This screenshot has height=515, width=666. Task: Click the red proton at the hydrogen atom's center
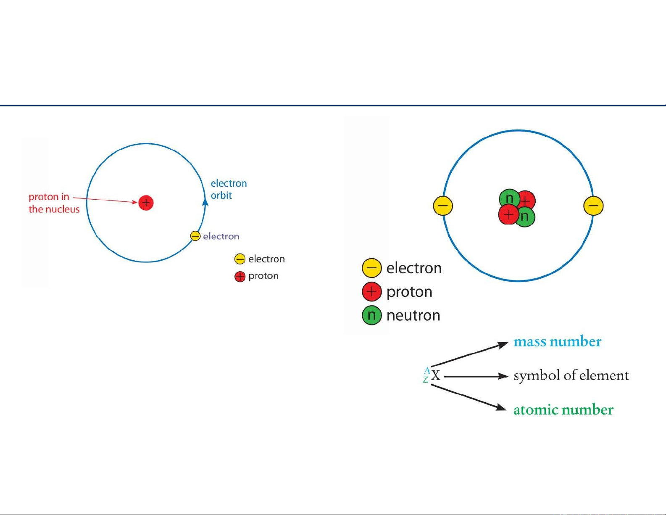click(x=146, y=203)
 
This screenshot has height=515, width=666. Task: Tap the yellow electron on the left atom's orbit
click(x=195, y=236)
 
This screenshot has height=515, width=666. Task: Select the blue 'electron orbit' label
click(x=229, y=189)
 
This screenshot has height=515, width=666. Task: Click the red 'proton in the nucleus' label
click(x=54, y=203)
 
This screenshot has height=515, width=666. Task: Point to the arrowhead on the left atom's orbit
click(x=205, y=202)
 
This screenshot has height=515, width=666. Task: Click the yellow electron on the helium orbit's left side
click(x=443, y=206)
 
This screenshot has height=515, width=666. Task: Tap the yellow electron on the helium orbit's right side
click(x=593, y=206)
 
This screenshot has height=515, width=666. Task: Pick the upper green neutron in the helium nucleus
click(x=509, y=198)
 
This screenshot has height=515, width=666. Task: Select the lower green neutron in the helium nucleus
click(x=525, y=217)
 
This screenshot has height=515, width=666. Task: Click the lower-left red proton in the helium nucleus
click(x=508, y=214)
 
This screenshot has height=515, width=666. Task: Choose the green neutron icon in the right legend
click(x=371, y=315)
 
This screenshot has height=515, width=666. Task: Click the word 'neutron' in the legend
click(x=413, y=315)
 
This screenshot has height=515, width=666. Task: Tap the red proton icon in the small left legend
click(x=240, y=277)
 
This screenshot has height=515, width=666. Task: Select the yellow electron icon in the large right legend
click(x=371, y=268)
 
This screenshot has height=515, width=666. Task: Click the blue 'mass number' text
click(x=557, y=341)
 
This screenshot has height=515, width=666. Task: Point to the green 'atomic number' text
click(x=563, y=410)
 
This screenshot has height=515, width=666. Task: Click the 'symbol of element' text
click(x=571, y=375)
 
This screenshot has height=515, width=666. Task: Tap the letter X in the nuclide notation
click(x=435, y=375)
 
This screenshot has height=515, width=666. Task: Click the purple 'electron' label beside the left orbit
click(x=221, y=236)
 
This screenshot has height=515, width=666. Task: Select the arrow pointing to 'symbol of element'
click(x=476, y=376)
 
